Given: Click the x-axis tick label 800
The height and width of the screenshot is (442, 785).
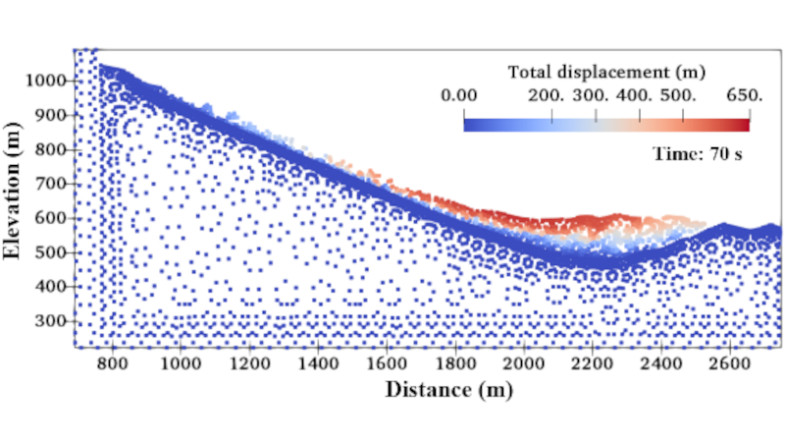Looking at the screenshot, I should [x=113, y=361].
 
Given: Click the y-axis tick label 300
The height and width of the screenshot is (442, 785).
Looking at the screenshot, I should [x=51, y=321].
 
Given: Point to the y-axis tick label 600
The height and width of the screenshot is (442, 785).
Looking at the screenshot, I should [x=51, y=218].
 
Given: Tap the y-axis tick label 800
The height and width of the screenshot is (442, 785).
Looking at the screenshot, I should [x=51, y=149].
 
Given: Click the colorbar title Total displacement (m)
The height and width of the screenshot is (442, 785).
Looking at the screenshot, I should [x=607, y=72].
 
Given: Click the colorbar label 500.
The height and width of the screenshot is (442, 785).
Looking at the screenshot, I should [x=680, y=95].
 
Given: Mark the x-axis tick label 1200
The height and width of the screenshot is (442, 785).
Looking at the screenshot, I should [x=249, y=361].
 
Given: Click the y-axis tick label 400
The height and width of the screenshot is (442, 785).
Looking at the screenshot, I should [x=51, y=287].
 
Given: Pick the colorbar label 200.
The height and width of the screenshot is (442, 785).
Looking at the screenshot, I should [x=546, y=95].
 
